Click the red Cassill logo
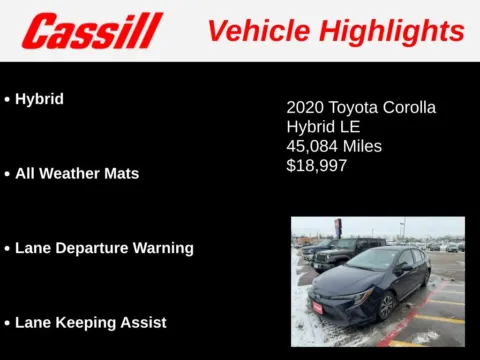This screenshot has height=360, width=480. (x=91, y=31)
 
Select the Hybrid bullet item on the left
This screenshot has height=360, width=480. (x=39, y=99)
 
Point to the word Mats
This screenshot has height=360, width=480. (x=119, y=173)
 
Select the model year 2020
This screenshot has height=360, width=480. (x=304, y=107)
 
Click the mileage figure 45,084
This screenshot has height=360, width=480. (x=312, y=146)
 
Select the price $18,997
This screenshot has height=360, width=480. (x=316, y=165)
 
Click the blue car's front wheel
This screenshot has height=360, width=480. (x=386, y=305)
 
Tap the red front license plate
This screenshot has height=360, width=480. (x=317, y=307)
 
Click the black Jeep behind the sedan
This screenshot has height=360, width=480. (x=335, y=254)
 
